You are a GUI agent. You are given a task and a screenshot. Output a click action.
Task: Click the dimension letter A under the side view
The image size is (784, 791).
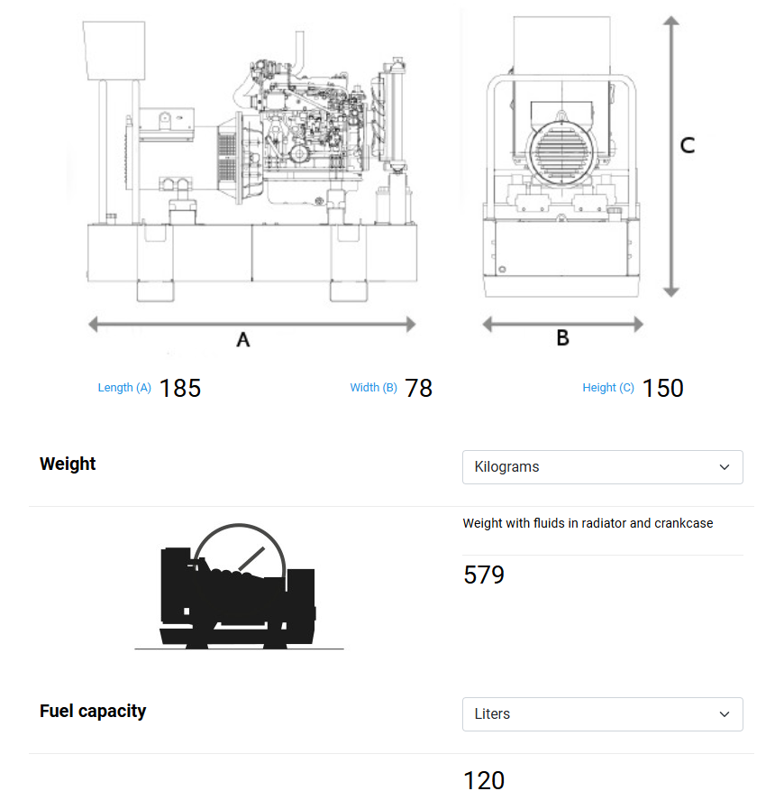point(242,340)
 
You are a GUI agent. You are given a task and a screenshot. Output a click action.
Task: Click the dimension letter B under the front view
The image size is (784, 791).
point(562,338)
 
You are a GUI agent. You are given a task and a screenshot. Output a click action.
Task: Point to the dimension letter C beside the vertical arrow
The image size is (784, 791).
point(687,145)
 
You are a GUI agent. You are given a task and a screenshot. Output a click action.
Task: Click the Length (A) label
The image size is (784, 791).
point(124,388)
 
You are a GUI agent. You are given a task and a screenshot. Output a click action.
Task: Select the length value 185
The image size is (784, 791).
point(180,388)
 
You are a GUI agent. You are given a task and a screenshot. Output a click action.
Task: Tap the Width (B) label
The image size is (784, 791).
point(373,388)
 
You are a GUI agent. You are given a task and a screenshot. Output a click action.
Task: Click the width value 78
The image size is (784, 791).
point(419,388)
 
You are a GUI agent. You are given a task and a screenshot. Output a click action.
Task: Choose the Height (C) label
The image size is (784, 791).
point(608,388)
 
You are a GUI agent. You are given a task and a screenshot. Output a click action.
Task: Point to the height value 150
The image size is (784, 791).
point(662,388)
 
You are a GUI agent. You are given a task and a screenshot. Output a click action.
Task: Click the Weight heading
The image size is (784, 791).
point(68,464)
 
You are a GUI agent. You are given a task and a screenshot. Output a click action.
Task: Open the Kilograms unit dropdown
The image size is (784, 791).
point(602,467)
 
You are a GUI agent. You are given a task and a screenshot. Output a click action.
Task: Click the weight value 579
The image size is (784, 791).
point(484,575)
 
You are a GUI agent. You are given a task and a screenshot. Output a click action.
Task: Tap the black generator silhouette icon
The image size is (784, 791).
point(239,591)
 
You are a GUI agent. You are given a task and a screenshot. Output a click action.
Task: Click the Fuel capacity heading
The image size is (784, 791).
point(93,711)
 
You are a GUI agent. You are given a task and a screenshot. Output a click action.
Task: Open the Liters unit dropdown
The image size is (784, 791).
point(602,714)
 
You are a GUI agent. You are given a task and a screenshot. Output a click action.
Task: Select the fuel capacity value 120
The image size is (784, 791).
point(484,779)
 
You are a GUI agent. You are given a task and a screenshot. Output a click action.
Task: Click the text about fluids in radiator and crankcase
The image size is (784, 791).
point(588,523)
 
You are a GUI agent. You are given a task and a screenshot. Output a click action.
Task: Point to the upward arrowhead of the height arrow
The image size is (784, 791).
point(670,23)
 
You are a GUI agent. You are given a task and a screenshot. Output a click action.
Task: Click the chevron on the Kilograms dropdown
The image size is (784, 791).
point(725,467)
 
